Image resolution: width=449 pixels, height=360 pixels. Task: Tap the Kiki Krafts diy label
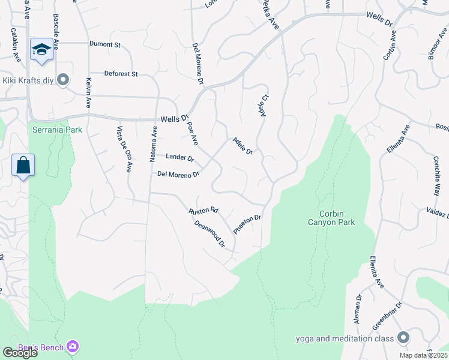tap(28, 80)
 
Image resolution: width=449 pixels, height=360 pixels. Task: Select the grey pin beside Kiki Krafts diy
tap(64, 80)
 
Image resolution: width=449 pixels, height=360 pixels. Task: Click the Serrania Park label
tap(56, 130)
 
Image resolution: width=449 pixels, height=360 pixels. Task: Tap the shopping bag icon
tap(23, 165)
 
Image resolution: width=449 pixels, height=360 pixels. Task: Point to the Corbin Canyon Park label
tap(337, 217)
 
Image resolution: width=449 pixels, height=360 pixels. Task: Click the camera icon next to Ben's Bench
tap(73, 346)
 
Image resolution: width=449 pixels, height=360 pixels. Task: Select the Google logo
tap(20, 353)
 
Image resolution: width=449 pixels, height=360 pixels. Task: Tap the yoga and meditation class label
tap(346, 338)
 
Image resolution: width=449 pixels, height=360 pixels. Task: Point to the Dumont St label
tap(105, 44)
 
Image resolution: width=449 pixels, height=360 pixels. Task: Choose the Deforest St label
tap(121, 74)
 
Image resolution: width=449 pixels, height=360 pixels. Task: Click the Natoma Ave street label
tap(154, 144)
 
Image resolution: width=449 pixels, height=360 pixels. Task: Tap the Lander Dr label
tap(179, 157)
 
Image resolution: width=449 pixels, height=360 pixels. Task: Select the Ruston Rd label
tap(203, 211)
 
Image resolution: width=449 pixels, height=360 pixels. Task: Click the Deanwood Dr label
tap(209, 234)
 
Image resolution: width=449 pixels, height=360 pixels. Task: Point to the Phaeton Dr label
tap(247, 224)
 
